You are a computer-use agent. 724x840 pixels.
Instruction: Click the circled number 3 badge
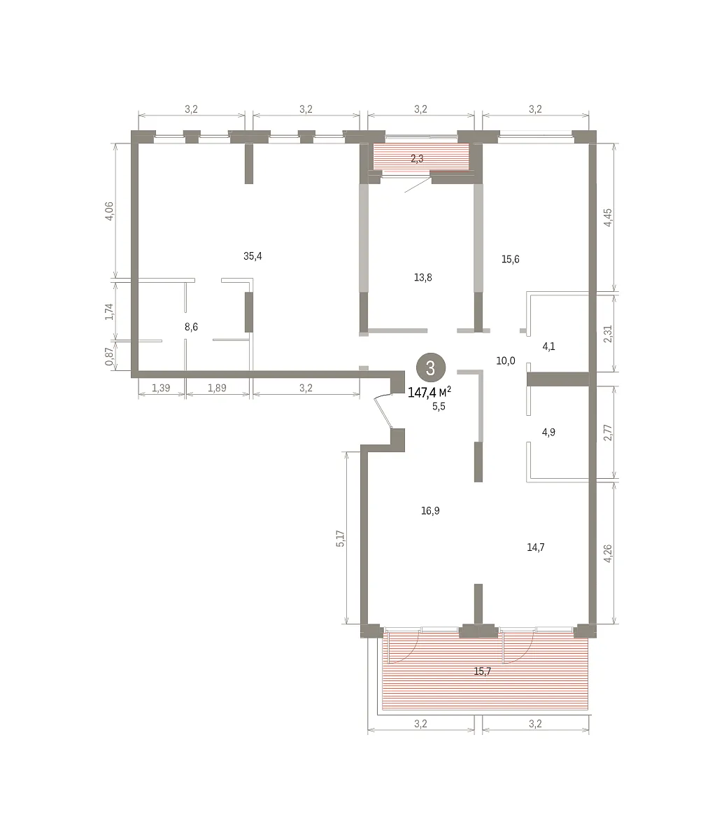pyautogui.click(x=431, y=367)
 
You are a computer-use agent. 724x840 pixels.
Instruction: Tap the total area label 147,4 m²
pyautogui.click(x=430, y=392)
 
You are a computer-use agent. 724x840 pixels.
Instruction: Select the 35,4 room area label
pyautogui.click(x=253, y=256)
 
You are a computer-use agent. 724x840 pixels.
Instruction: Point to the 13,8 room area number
pyautogui.click(x=423, y=278)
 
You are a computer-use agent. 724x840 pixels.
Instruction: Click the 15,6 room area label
pyautogui.click(x=511, y=259)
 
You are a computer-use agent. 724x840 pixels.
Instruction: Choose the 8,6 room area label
pyautogui.click(x=191, y=327)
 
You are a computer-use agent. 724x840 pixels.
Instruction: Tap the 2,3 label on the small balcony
pyautogui.click(x=417, y=158)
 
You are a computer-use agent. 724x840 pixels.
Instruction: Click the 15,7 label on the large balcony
pyautogui.click(x=483, y=671)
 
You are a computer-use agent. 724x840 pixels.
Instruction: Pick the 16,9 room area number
pyautogui.click(x=430, y=511)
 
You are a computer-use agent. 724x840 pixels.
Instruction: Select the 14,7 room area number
pyautogui.click(x=536, y=547)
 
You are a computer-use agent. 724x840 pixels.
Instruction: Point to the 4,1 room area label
pyautogui.click(x=548, y=346)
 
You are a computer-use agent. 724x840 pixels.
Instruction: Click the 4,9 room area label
pyautogui.click(x=548, y=432)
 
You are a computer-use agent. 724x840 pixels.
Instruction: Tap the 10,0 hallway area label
pyautogui.click(x=506, y=360)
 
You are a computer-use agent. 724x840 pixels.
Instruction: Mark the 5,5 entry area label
pyautogui.click(x=439, y=407)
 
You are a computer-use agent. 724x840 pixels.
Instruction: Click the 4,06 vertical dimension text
pyautogui.click(x=110, y=211)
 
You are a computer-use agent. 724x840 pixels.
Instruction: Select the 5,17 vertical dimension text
pyautogui.click(x=340, y=539)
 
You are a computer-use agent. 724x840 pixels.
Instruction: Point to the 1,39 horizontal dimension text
pyautogui.click(x=161, y=388)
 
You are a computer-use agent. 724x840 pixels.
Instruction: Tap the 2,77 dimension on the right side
pyautogui.click(x=607, y=433)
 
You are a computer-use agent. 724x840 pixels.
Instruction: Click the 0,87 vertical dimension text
pyautogui.click(x=110, y=356)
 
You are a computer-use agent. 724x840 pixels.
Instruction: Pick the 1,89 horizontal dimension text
pyautogui.click(x=218, y=388)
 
